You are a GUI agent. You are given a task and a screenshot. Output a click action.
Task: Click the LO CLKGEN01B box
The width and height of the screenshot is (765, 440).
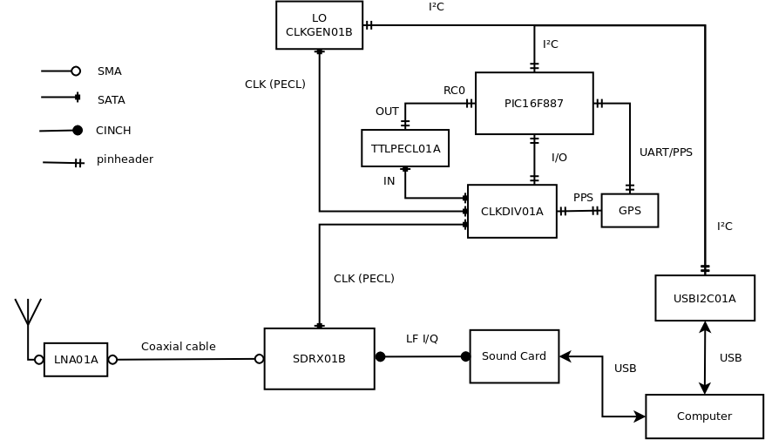pyautogui.click(x=319, y=25)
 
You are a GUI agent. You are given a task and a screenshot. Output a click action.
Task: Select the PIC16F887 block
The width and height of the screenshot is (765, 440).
pyautogui.click(x=534, y=104)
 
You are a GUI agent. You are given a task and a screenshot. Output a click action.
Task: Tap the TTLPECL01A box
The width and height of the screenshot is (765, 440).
pyautogui.click(x=405, y=148)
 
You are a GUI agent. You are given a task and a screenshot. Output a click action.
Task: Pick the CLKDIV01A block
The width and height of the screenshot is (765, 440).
pyautogui.click(x=511, y=211)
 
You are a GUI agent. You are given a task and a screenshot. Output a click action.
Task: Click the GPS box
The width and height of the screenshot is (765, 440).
pyautogui.click(x=629, y=211)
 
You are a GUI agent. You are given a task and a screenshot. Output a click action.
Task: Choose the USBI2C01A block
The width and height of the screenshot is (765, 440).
pyautogui.click(x=704, y=298)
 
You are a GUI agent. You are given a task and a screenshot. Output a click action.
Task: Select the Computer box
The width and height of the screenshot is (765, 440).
pyautogui.click(x=704, y=416)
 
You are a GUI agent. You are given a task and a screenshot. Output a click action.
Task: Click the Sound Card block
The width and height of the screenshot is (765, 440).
pyautogui.click(x=514, y=356)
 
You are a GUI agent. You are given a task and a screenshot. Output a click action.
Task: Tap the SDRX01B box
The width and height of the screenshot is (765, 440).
pyautogui.click(x=319, y=358)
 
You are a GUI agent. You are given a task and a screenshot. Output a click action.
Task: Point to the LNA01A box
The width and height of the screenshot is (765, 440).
pyautogui.click(x=76, y=360)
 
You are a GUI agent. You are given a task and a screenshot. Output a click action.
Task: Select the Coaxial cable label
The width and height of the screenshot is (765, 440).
pyautogui.click(x=179, y=347)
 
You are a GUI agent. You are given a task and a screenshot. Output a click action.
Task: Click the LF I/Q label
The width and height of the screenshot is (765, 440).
pyautogui.click(x=422, y=339)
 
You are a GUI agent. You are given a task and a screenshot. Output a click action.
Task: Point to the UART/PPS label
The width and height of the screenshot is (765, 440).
pyautogui.click(x=666, y=152)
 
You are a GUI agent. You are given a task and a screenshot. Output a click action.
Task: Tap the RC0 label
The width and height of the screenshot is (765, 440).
pyautogui.click(x=454, y=91)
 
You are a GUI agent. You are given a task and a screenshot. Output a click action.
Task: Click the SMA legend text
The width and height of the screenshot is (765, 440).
pyautogui.click(x=110, y=71)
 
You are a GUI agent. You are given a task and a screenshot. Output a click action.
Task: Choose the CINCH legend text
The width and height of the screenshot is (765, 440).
pyautogui.click(x=113, y=131)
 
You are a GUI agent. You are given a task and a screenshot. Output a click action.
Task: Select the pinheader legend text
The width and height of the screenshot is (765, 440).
pyautogui.click(x=125, y=159)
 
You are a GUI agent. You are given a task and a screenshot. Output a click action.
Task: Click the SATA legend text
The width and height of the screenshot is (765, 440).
pyautogui.click(x=112, y=100)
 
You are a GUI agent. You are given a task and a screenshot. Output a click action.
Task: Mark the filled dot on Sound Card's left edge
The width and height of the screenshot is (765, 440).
pyautogui.click(x=465, y=356)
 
